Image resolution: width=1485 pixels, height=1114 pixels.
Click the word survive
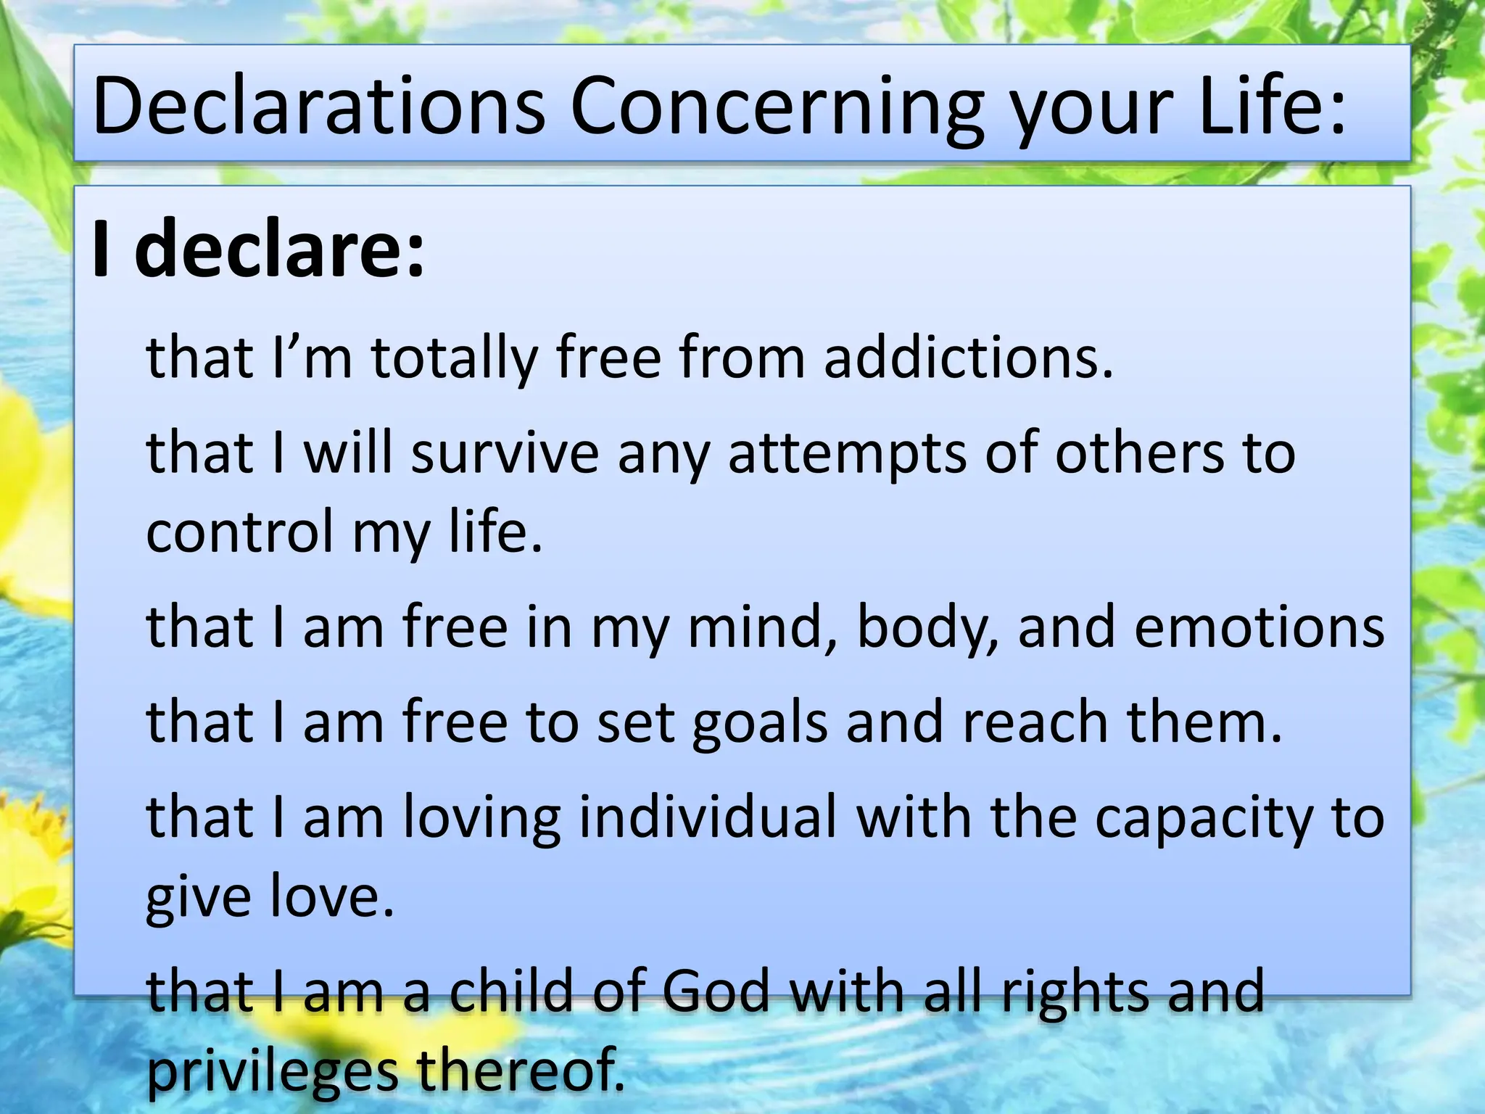[x=505, y=453]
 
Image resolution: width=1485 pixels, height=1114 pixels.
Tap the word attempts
[x=847, y=453]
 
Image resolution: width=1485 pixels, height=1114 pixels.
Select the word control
[x=239, y=532]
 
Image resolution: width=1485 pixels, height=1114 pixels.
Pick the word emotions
[x=1259, y=627]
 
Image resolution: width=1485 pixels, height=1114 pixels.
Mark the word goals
[x=759, y=722]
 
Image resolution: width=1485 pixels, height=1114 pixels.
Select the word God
[x=715, y=991]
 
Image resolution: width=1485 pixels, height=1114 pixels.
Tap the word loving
[x=481, y=817]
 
